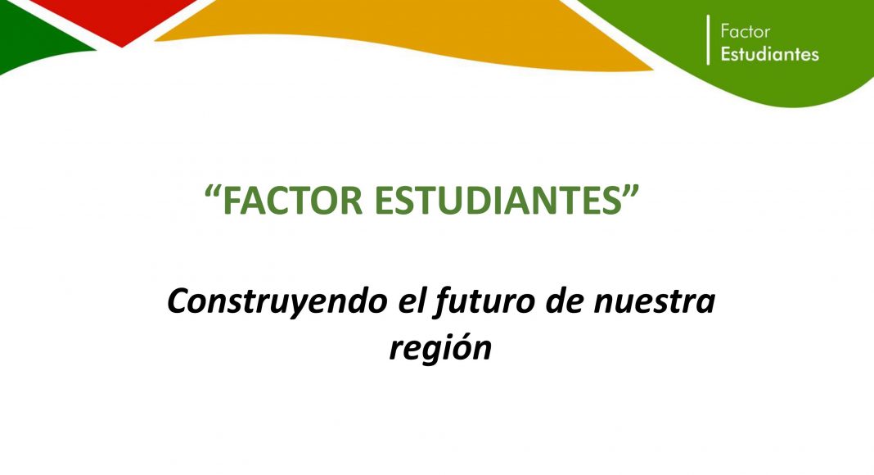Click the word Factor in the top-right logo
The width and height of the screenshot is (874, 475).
point(745,31)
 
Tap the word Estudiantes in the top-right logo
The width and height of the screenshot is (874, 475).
point(770,54)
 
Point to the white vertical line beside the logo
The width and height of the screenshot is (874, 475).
point(709,39)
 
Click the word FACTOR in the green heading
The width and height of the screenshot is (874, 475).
point(293,201)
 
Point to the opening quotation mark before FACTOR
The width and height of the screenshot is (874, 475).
point(213,192)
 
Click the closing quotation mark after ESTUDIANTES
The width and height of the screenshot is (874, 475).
point(631,192)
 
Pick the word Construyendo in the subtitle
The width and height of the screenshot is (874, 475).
point(277,303)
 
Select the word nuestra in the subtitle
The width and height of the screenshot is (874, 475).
point(654,301)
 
